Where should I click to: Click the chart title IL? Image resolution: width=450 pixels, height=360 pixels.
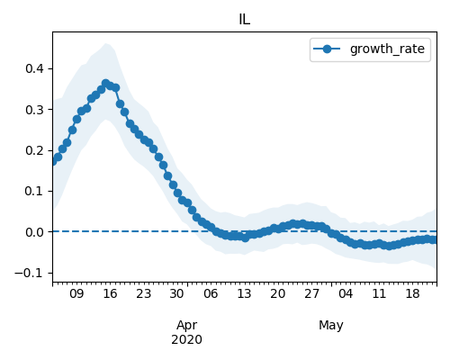tap(245, 20)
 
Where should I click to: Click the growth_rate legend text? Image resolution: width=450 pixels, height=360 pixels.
tap(387, 49)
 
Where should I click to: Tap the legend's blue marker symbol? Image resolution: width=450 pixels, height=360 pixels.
tap(327, 49)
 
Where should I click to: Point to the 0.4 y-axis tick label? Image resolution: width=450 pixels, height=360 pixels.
tap(34, 68)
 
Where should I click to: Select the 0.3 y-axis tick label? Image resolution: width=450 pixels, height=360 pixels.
tap(34, 110)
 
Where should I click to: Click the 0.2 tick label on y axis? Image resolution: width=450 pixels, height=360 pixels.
tap(34, 150)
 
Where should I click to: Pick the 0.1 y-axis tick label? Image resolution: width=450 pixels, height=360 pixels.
tap(34, 191)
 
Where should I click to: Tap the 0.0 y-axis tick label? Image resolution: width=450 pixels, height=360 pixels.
tap(34, 232)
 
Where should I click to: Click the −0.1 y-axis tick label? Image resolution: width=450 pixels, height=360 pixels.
tap(29, 273)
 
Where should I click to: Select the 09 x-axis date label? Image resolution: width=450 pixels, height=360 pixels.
tap(76, 293)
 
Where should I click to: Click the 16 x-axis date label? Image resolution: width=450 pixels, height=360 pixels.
tap(110, 293)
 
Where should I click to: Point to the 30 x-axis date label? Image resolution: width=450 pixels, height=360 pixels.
tap(176, 293)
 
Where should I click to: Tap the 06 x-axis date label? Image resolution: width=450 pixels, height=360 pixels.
tap(211, 293)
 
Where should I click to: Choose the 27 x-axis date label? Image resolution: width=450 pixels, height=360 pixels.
tap(311, 293)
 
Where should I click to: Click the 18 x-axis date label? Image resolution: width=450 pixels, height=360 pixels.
tap(412, 293)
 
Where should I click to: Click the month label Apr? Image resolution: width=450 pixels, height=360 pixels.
tap(186, 326)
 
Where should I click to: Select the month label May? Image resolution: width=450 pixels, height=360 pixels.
tap(331, 326)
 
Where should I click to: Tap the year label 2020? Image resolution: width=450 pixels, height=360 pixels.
tap(186, 340)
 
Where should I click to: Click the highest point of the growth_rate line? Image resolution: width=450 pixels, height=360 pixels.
tap(105, 83)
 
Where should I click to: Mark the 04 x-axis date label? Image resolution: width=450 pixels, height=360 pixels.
tap(346, 293)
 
